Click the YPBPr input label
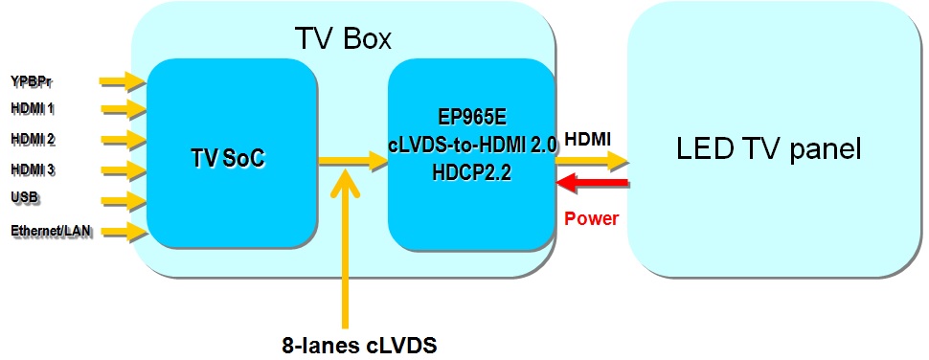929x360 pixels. point(31,79)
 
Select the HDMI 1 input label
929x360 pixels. point(33,109)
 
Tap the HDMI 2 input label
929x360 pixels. point(33,140)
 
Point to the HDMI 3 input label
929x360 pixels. point(33,170)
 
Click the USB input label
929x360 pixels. point(24,198)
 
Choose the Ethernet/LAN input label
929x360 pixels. point(52,231)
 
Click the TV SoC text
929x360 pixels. point(227,159)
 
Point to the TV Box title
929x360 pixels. point(342,38)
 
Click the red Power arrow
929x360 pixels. point(593,182)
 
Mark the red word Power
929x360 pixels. point(591,218)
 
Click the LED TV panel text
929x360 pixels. point(769,149)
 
